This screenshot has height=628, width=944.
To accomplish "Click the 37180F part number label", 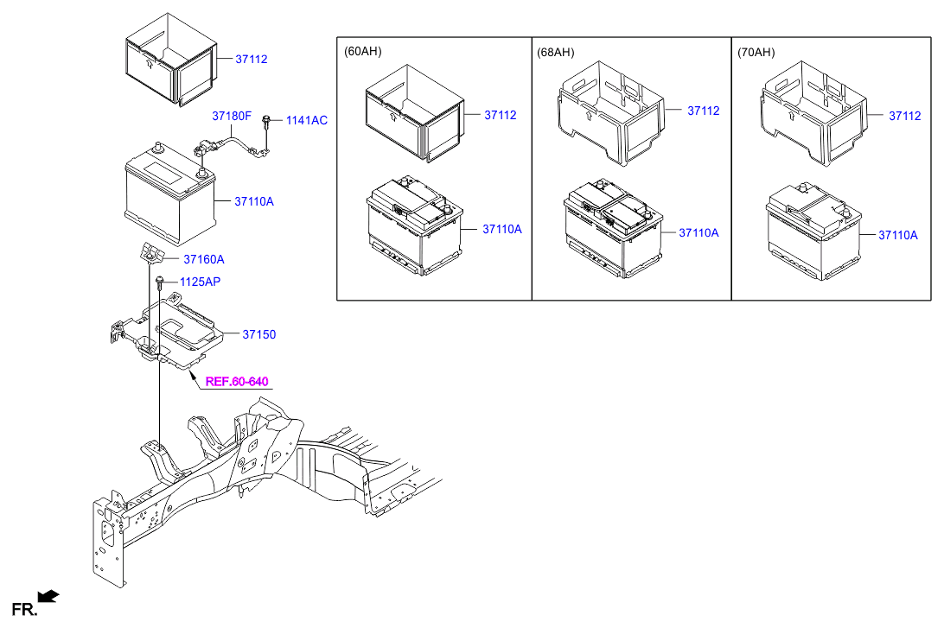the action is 231,116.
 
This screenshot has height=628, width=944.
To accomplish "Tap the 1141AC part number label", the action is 306,120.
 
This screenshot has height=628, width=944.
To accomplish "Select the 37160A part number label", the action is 203,259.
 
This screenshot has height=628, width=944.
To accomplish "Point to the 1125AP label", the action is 200,282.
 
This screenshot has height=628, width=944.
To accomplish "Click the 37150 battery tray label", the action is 258,334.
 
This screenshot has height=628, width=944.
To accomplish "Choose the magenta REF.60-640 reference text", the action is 237,381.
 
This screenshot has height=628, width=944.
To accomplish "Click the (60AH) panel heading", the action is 362,51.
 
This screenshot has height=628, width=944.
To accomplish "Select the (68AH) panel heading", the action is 555,53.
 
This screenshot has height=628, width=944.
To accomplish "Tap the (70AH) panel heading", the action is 756,53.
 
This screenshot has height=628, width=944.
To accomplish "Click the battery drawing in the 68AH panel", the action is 613,229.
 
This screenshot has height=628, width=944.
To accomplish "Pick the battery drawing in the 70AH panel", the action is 813,232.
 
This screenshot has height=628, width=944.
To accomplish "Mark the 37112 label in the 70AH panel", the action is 905,116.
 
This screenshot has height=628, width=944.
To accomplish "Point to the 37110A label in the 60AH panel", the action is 502,229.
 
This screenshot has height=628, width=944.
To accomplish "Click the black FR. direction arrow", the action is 48,596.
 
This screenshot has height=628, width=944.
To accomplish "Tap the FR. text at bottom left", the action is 25,609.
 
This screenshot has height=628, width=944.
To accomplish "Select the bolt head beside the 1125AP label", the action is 160,281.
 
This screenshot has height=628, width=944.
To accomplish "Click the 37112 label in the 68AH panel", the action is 703,111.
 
